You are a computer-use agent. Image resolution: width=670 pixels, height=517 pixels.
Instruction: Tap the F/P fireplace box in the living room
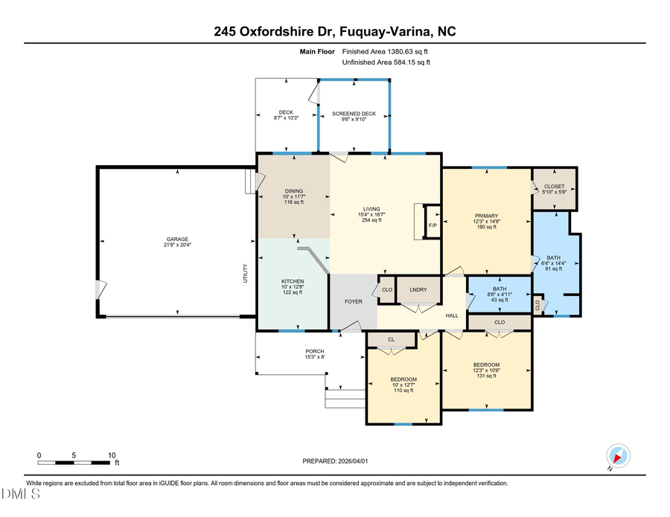point(432,226)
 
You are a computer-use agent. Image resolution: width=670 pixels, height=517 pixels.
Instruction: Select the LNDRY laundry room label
point(416,289)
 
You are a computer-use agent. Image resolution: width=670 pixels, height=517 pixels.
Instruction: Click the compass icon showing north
point(618,456)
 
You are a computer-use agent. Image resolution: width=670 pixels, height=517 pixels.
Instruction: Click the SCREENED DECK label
point(354,114)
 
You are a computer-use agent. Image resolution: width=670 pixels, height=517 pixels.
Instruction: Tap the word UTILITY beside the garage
point(244,274)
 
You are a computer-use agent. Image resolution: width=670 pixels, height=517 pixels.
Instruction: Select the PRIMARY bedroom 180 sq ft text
point(485,227)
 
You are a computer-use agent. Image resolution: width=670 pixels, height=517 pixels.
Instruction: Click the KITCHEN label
point(293,281)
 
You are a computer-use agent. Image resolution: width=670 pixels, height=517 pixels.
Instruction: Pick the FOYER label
point(353,302)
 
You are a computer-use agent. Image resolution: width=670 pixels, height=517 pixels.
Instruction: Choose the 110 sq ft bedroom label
point(403,390)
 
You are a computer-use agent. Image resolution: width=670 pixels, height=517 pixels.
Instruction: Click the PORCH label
point(315,351)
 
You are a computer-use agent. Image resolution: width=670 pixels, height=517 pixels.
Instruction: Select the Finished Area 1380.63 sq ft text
point(385,52)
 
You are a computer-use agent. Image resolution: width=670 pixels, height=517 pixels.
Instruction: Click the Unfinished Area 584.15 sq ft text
point(386,63)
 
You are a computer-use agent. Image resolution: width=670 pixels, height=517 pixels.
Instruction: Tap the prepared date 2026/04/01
point(335,461)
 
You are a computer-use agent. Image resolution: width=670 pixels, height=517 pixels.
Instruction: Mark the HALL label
point(452,316)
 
